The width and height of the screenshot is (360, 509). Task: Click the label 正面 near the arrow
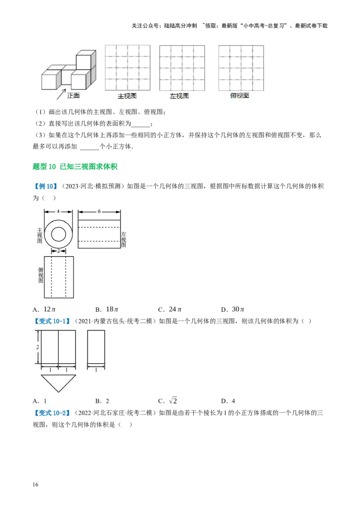point(73,95)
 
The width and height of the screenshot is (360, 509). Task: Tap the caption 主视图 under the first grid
point(127,96)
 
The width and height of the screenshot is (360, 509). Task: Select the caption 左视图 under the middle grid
point(179,96)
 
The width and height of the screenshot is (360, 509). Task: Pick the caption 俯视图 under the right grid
point(239,96)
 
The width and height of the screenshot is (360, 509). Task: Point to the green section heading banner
point(75,167)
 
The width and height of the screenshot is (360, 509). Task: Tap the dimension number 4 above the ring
point(58,211)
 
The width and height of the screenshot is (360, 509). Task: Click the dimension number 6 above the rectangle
point(99,211)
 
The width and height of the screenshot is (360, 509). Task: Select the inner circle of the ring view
point(58,234)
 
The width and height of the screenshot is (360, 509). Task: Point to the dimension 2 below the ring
point(58,251)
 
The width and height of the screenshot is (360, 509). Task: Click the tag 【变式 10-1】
point(51,321)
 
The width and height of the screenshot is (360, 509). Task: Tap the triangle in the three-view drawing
point(58,382)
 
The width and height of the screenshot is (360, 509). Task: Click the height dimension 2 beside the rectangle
point(38,347)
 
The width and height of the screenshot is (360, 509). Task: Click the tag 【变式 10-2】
point(51,413)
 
